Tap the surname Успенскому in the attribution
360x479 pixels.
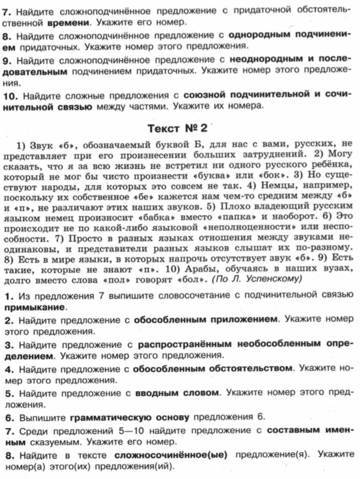click(273, 279)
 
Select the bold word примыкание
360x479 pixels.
click(35, 307)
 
